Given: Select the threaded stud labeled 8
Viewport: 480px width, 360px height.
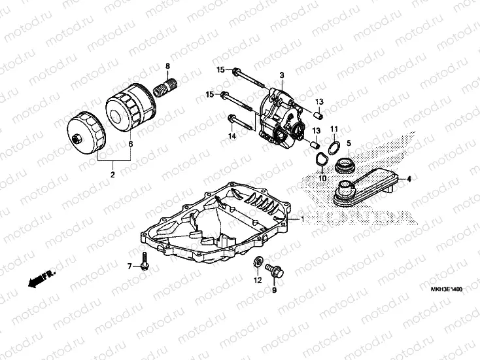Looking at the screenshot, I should click(x=166, y=86).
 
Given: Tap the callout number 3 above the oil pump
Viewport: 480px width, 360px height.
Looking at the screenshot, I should click(x=281, y=76).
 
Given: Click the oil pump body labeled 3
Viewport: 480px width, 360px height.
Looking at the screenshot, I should click(x=281, y=118).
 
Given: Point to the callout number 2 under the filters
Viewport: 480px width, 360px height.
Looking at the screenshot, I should click(x=112, y=174).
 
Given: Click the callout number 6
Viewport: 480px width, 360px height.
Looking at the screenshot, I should click(x=129, y=143).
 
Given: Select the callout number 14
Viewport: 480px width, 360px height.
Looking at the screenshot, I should click(x=231, y=135).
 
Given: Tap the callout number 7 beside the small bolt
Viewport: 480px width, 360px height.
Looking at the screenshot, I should click(x=129, y=266).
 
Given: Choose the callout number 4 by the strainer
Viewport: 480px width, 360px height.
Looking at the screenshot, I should click(x=409, y=178).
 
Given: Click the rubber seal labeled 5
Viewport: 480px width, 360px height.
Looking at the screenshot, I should click(x=344, y=166).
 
